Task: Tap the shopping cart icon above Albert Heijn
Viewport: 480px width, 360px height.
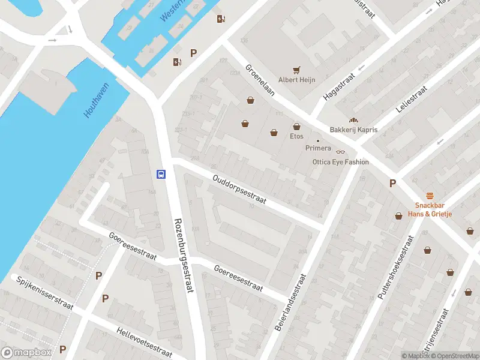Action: tap(296, 70)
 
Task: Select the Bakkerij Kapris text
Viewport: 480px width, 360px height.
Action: tap(353, 130)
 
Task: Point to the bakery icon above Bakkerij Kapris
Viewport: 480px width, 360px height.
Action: tap(353, 120)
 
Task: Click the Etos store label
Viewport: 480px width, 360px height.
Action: tap(296, 136)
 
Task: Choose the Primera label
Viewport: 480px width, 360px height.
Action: tap(318, 148)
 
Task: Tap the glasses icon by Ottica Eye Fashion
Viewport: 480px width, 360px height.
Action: tap(341, 152)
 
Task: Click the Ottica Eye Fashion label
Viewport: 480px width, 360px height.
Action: tap(340, 162)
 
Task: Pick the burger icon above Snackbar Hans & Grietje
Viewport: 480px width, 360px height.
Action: tap(430, 196)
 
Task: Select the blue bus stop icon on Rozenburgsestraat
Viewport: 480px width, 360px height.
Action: tap(161, 174)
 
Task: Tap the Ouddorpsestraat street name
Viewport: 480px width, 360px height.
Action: tap(239, 190)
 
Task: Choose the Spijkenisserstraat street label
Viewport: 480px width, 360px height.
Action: tap(44, 293)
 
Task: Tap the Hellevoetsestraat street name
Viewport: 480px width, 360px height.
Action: tap(144, 342)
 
